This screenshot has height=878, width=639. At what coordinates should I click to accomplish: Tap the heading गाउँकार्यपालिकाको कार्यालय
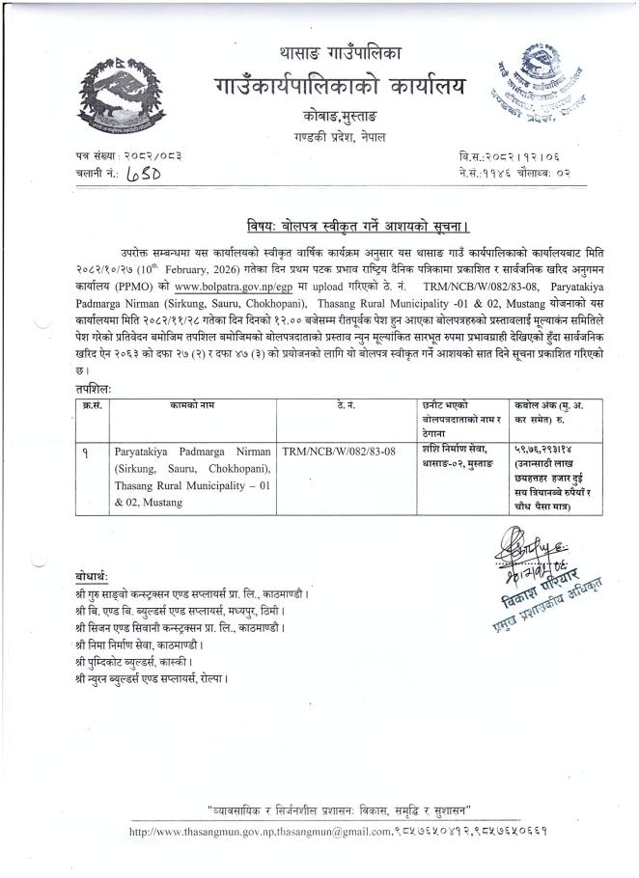point(339,86)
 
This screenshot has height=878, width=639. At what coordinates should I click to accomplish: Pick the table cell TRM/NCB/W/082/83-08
point(339,450)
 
